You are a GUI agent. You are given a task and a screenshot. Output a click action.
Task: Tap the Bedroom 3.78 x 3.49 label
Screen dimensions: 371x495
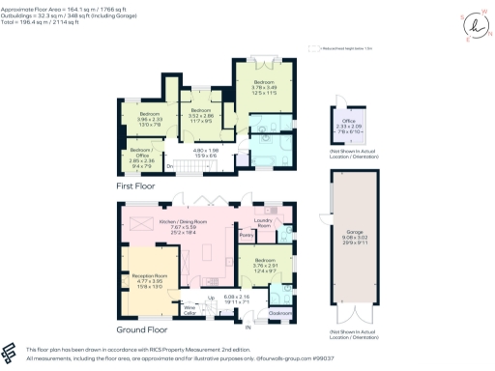pos(263,88)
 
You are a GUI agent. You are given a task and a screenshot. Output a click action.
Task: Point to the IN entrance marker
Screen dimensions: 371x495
pos(247,328)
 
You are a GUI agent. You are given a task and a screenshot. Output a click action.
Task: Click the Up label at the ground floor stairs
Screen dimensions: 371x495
pos(198,297)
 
